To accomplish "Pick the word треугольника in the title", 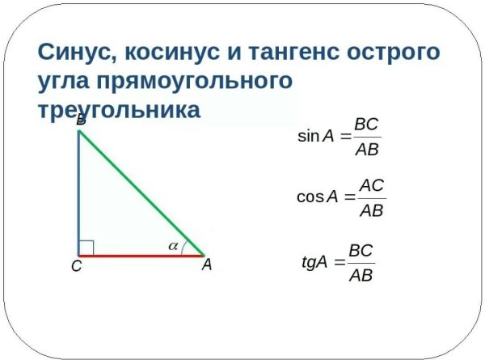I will [118, 110].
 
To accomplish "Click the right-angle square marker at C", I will [86, 247].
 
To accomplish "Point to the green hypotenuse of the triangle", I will [141, 193].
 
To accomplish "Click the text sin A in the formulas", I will [316, 137].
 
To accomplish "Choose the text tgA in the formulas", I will [314, 262].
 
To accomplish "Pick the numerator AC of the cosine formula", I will [371, 184].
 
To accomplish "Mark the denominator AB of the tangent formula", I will [361, 275].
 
